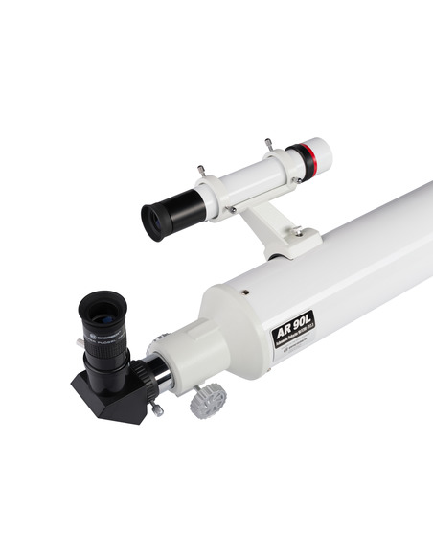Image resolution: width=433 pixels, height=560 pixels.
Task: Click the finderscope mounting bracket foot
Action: pos(283,236)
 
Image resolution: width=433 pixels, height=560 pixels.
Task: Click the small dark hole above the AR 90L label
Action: pos(246,292)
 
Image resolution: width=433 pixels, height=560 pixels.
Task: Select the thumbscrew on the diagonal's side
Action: pos(155,409)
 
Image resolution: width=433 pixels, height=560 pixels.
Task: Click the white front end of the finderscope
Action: pos(320,152)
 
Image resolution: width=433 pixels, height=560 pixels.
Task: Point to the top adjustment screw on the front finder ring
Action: pos(268,144)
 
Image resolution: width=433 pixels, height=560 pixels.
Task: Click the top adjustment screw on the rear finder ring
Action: pos(202,170)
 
